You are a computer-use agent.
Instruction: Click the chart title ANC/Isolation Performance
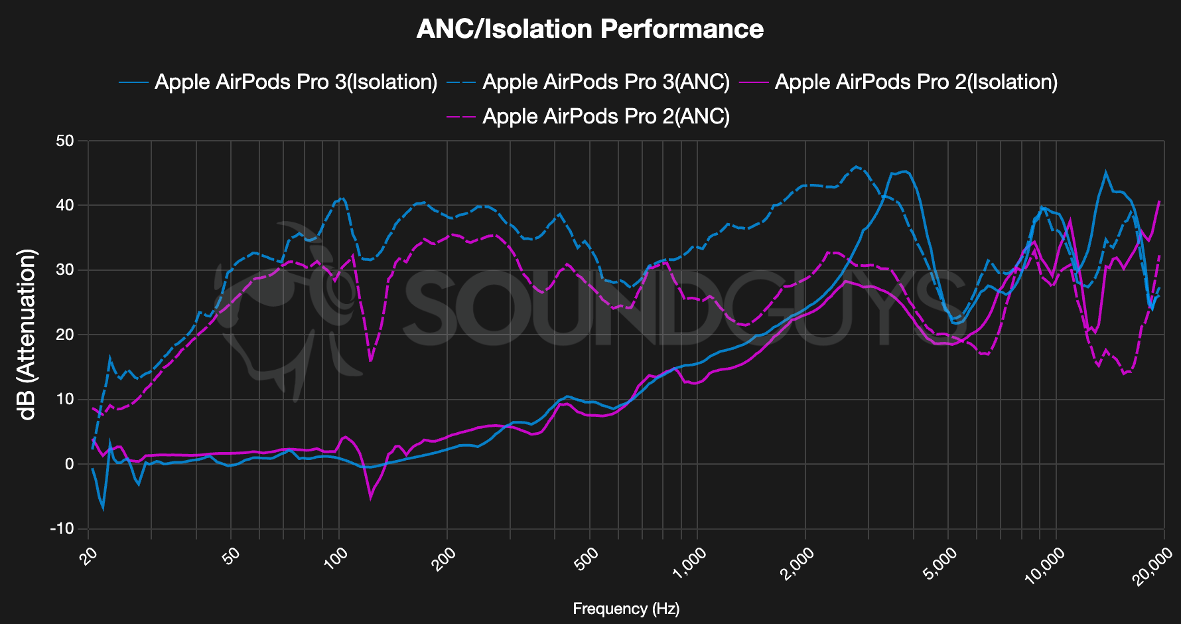pyautogui.click(x=590, y=29)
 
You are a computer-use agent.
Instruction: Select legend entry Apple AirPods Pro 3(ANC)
pyautogui.click(x=606, y=82)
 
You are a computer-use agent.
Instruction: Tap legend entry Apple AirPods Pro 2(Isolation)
pyautogui.click(x=916, y=82)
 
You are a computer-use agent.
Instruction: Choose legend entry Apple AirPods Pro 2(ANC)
pyautogui.click(x=606, y=116)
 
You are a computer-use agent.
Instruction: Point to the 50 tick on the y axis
pyautogui.click(x=66, y=141)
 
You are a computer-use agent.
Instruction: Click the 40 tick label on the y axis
pyautogui.click(x=66, y=205)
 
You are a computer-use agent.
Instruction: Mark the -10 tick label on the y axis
pyautogui.click(x=63, y=528)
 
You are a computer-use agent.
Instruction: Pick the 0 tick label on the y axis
pyautogui.click(x=70, y=464)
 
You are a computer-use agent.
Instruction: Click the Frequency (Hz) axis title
pyautogui.click(x=626, y=609)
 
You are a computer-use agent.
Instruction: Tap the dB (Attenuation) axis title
pyautogui.click(x=28, y=335)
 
